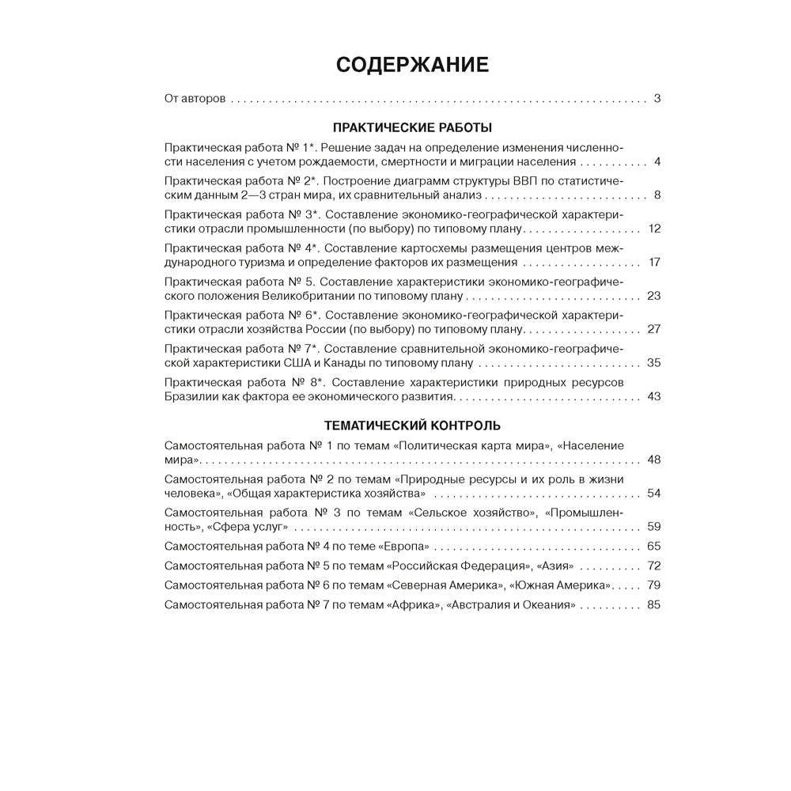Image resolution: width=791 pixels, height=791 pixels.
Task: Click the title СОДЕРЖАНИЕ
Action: (x=412, y=64)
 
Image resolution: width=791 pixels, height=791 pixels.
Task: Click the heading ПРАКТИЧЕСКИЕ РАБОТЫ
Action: (x=412, y=127)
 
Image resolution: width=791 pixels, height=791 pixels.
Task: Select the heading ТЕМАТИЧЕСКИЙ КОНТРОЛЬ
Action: (x=412, y=426)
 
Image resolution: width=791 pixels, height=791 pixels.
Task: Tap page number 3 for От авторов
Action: (x=657, y=99)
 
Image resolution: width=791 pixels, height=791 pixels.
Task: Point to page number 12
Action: (x=653, y=229)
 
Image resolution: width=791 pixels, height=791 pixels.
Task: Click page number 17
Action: (x=653, y=262)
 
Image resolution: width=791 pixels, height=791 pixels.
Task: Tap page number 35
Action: (x=653, y=363)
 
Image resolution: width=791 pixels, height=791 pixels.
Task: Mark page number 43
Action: (x=653, y=396)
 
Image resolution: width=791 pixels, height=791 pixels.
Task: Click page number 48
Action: (x=653, y=460)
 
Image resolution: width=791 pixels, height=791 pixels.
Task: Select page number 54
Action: (x=653, y=493)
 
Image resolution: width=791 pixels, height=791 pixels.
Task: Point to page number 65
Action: (x=653, y=547)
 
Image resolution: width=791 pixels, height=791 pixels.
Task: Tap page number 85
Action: (x=653, y=605)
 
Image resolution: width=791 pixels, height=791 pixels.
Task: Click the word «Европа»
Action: (x=404, y=547)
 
